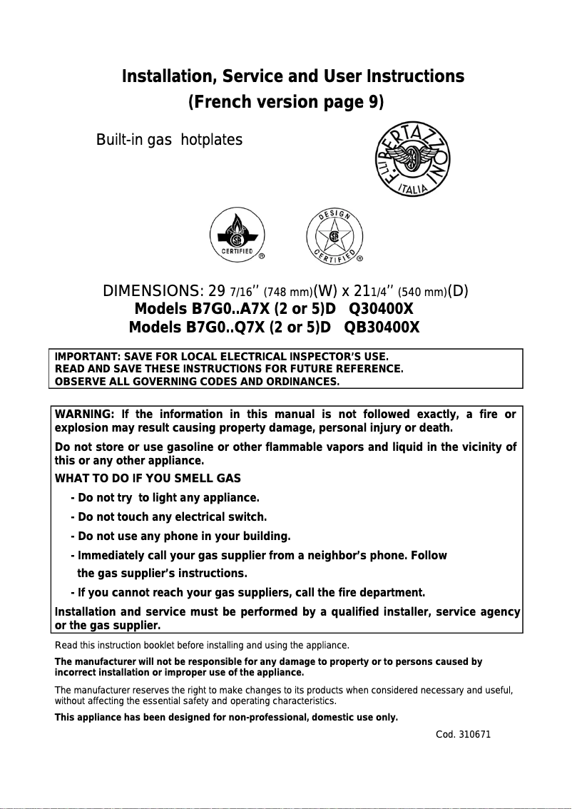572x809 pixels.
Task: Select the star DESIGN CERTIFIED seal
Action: tap(334, 235)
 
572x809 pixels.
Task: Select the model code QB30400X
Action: tap(382, 327)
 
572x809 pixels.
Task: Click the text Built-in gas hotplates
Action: tap(169, 139)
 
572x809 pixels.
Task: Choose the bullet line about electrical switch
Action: tap(169, 517)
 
